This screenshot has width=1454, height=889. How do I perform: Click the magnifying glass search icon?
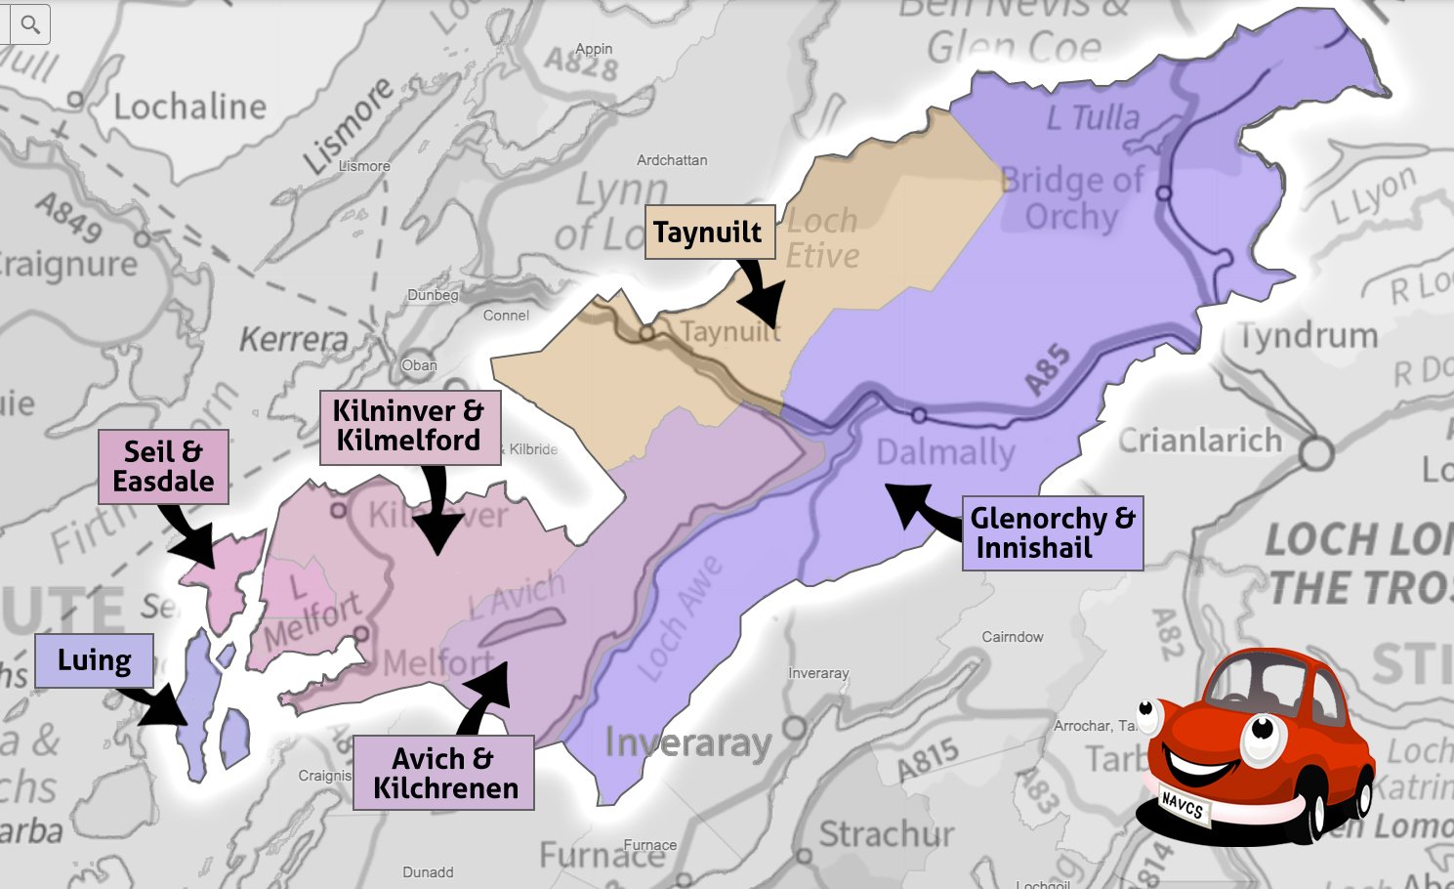point(29,24)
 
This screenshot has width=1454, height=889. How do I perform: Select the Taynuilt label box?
point(709,233)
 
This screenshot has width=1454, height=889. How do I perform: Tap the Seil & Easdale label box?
point(163,467)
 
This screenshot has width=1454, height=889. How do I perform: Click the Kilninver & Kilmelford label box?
point(409,427)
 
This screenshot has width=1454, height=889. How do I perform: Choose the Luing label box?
point(94,660)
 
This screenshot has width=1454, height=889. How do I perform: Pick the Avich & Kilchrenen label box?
point(444,773)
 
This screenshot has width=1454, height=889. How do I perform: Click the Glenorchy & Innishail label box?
point(1052,533)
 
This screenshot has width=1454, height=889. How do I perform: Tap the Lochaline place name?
point(189,106)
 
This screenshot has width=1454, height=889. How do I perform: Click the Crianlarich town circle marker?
point(1315,453)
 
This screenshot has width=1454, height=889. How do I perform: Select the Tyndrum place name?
point(1309,337)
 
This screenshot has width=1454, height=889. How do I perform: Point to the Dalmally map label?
point(945,452)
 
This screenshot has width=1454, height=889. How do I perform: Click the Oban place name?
point(419,365)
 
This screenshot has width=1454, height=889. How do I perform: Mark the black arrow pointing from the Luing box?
point(156,704)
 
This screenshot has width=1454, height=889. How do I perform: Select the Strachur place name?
point(886,835)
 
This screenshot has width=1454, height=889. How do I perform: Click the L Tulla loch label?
point(1093,118)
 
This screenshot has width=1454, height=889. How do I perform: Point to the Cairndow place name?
point(1013,637)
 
